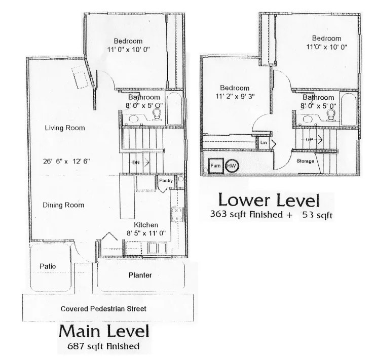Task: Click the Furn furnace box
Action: pyautogui.click(x=216, y=166)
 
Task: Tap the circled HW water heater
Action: pyautogui.click(x=232, y=166)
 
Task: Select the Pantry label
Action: pyautogui.click(x=166, y=180)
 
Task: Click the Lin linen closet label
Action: pyautogui.click(x=264, y=142)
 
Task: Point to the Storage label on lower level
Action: pyautogui.click(x=305, y=161)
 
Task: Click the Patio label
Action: pyautogui.click(x=48, y=266)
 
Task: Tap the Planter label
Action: pyautogui.click(x=140, y=275)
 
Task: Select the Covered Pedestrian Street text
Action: pyautogui.click(x=103, y=309)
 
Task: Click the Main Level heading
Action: pyautogui.click(x=104, y=331)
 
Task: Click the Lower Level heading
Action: pyautogui.click(x=269, y=200)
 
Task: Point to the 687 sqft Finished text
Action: pyautogui.click(x=103, y=346)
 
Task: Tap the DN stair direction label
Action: pyautogui.click(x=136, y=163)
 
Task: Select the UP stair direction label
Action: pyautogui.click(x=309, y=139)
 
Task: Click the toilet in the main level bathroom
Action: pyautogui.click(x=157, y=114)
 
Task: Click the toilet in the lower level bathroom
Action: pyautogui.click(x=331, y=115)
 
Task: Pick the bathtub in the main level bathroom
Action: pyautogui.click(x=174, y=108)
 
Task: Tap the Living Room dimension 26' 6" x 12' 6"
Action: pyautogui.click(x=66, y=162)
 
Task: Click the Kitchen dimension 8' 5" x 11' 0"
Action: pyautogui.click(x=146, y=233)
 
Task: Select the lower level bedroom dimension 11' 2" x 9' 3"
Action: pyautogui.click(x=235, y=96)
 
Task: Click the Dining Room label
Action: pyautogui.click(x=63, y=205)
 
